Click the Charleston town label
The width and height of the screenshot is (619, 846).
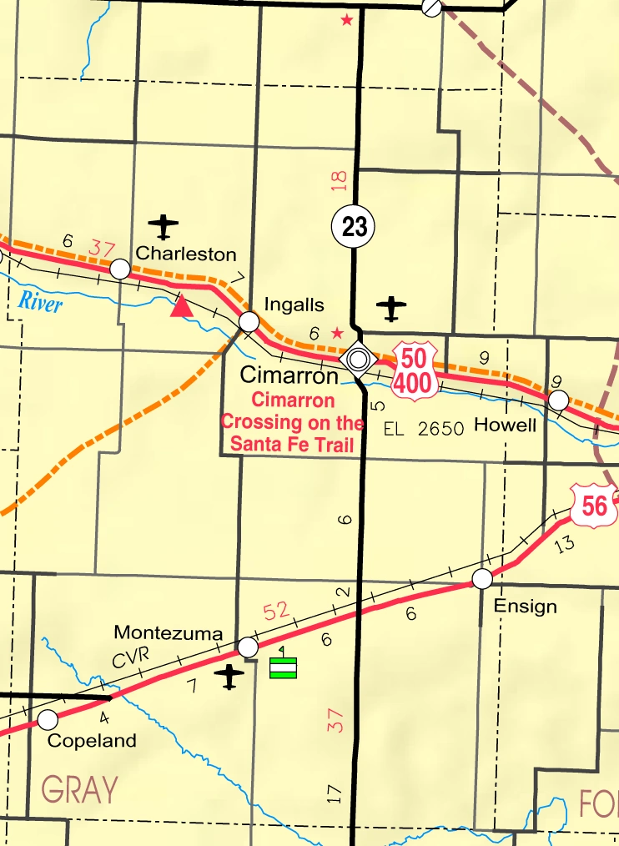click(186, 254)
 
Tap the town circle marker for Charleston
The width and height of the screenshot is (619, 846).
click(120, 269)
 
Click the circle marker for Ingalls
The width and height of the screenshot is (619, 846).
click(249, 321)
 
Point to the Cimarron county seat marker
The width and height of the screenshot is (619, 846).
click(359, 359)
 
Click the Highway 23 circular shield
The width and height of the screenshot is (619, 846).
click(354, 226)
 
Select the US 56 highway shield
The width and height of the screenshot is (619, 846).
click(593, 505)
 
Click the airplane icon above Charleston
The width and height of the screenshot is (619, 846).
click(164, 225)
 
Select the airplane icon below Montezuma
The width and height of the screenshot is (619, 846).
click(229, 677)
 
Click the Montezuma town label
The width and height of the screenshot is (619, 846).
click(168, 632)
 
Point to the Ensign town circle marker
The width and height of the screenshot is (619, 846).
click(482, 578)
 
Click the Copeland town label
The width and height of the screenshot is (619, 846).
click(92, 740)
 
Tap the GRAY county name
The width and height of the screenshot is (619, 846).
click(79, 788)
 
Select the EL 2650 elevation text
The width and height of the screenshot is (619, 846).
click(423, 429)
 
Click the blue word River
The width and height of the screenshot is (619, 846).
click(40, 303)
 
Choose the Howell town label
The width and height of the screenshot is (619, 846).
click(504, 425)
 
